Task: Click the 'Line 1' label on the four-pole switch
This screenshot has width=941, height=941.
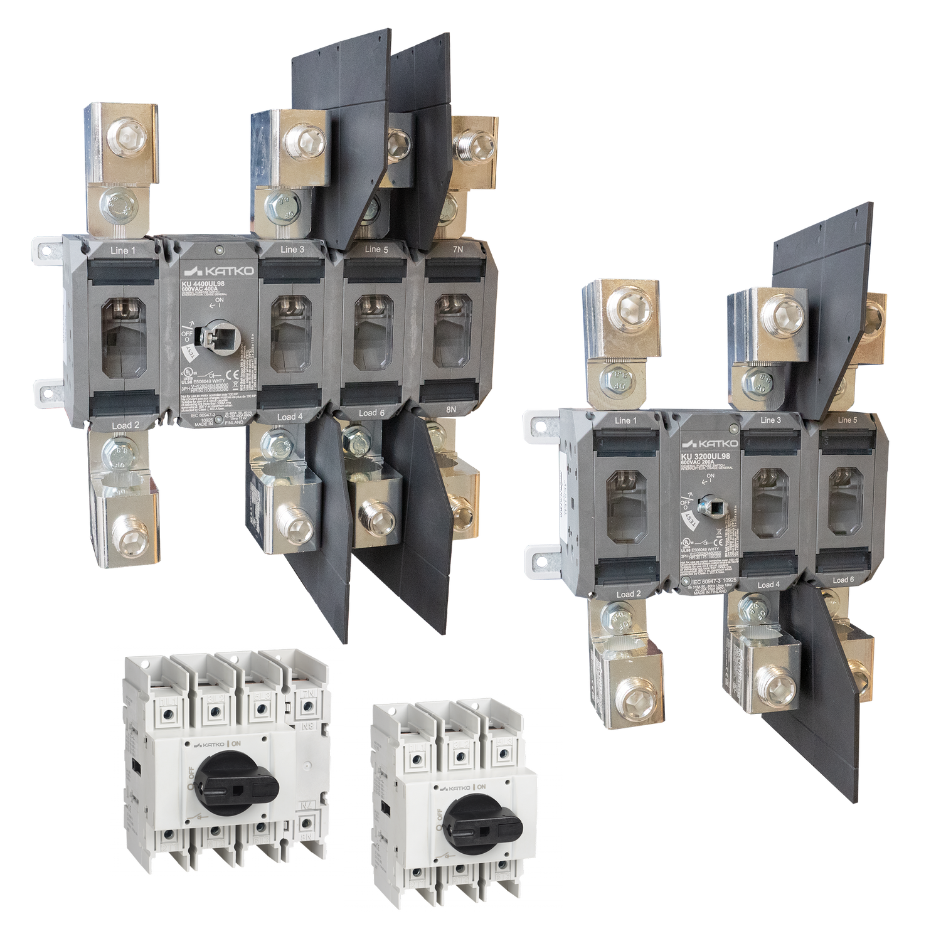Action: [x=123, y=251]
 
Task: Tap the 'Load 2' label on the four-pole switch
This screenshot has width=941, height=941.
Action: [x=126, y=425]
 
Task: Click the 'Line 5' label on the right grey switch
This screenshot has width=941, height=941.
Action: [x=847, y=420]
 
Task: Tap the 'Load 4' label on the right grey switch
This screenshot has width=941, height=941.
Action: [x=768, y=585]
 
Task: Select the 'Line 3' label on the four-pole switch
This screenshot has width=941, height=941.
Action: [x=289, y=250]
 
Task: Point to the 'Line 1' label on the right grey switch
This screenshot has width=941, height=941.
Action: [x=625, y=420]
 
